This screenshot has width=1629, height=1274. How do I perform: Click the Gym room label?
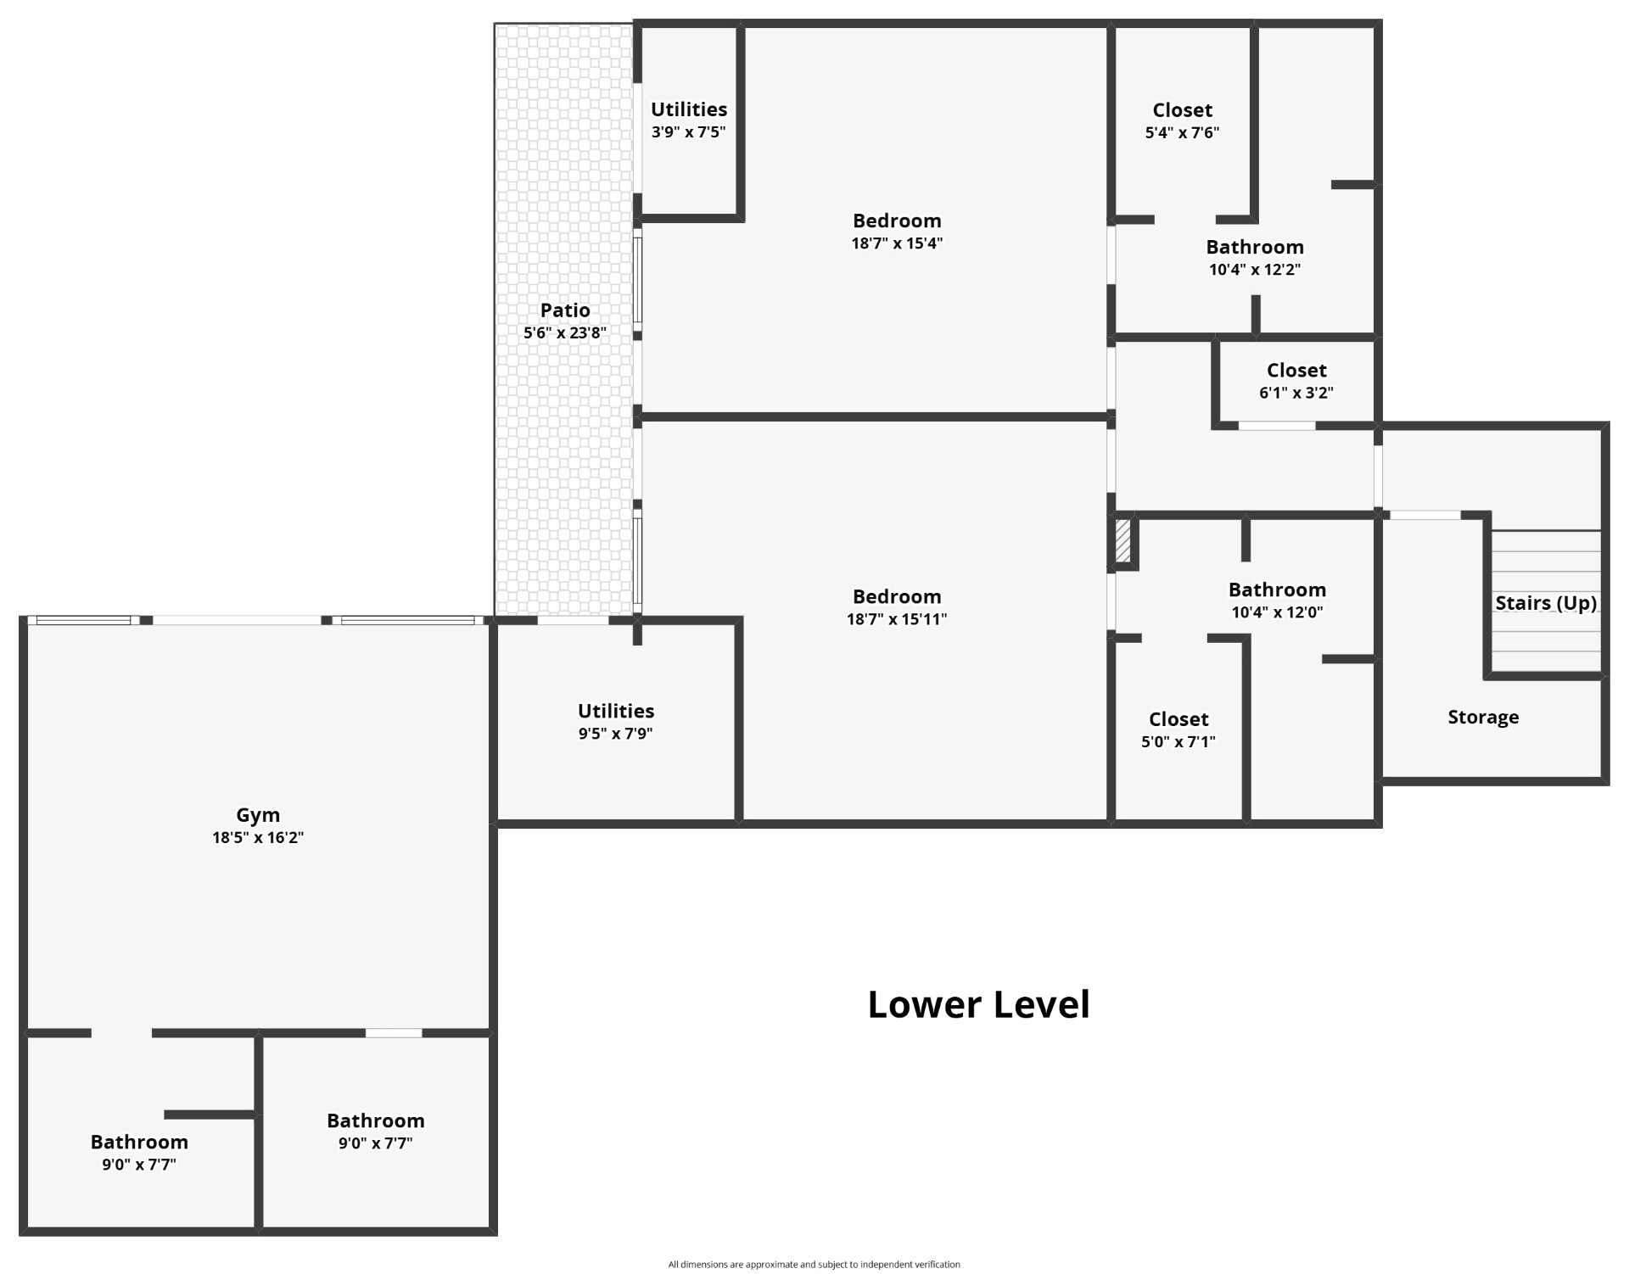pos(258,815)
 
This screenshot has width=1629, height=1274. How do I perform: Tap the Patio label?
pos(565,310)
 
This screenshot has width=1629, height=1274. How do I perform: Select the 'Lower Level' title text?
pos(978,1004)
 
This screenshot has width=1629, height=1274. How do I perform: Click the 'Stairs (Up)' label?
pos(1546,603)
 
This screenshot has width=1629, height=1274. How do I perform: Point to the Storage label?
pos(1483,718)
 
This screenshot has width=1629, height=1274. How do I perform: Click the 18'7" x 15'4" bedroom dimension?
pos(897,243)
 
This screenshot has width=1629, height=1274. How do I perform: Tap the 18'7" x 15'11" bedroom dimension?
pos(897,619)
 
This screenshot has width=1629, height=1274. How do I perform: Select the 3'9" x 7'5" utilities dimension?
pos(689,132)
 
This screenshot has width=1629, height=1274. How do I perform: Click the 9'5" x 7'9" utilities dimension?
pos(616,734)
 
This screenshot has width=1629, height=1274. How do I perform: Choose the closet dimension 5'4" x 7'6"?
pos(1182,132)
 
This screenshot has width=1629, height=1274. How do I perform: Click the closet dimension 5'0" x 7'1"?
pos(1178,741)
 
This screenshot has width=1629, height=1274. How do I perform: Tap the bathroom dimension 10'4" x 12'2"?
pos(1255,270)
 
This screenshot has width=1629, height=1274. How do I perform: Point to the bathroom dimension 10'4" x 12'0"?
pos(1277,612)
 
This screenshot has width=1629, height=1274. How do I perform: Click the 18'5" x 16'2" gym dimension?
pos(258,838)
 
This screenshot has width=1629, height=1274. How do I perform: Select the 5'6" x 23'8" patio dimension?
pos(565,333)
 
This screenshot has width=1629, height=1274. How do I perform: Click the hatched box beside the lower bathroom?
pos(1122,541)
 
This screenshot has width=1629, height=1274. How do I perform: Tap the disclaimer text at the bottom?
pos(814,1265)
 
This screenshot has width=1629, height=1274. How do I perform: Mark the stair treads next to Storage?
pos(1546,601)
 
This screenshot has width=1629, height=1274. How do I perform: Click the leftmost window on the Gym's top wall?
pos(83,620)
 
